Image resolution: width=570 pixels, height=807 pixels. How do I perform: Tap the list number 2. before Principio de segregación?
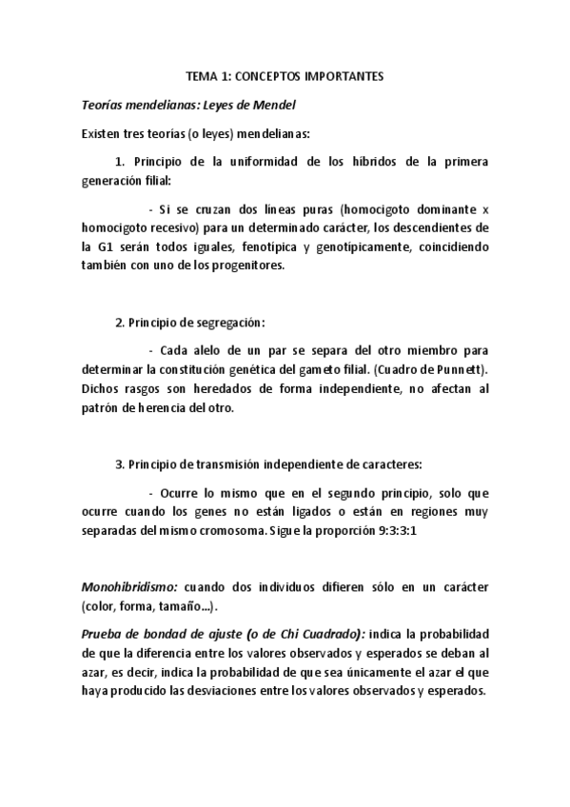(x=120, y=323)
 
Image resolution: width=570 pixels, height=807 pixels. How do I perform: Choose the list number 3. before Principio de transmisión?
(x=120, y=463)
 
